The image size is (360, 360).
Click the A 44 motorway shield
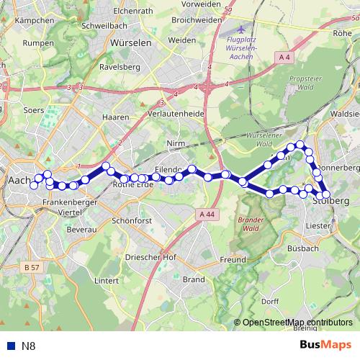click(x=207, y=214)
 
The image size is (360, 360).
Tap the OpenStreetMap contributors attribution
click(x=297, y=323)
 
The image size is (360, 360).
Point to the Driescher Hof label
click(x=151, y=257)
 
